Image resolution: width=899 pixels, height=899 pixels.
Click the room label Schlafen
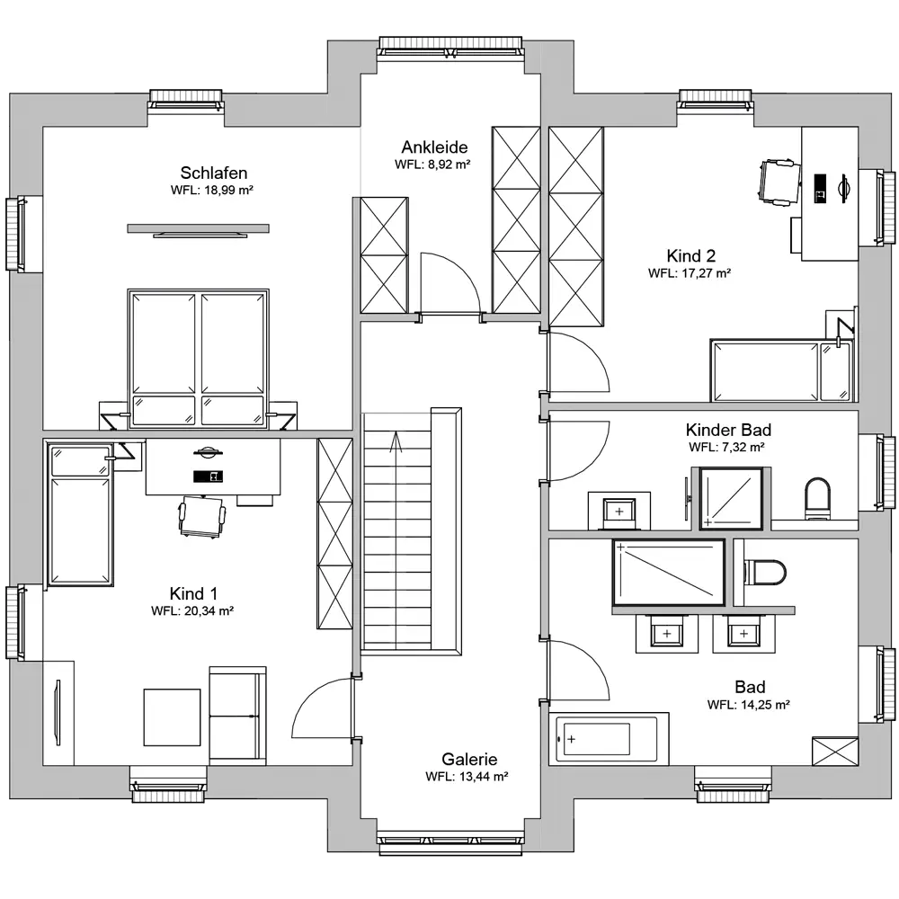tap(213, 173)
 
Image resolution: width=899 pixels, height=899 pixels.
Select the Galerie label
tap(469, 759)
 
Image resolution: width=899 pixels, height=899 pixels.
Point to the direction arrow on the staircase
tap(395, 441)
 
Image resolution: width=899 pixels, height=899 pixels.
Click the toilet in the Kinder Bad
tap(817, 499)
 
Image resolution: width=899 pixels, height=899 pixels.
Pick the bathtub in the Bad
tap(609, 739)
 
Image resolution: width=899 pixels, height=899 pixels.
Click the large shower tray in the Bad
tap(669, 572)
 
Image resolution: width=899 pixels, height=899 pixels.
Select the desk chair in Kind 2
tap(780, 182)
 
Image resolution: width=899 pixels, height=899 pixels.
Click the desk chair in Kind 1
tap(201, 517)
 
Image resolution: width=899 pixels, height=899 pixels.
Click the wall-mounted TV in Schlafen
tap(198, 229)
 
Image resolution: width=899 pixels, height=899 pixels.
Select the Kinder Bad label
tap(728, 430)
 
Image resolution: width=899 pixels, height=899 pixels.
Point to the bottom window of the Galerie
tap(450, 843)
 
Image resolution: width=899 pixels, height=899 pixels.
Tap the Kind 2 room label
tap(690, 255)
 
